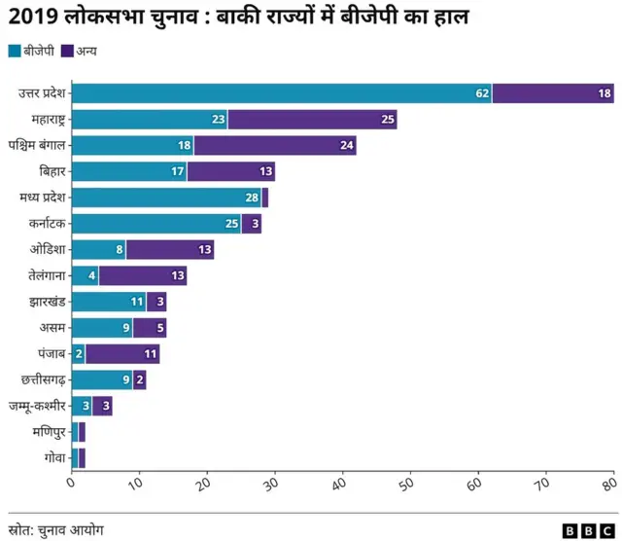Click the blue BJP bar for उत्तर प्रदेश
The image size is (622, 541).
click(282, 93)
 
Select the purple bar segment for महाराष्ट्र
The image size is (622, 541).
click(312, 120)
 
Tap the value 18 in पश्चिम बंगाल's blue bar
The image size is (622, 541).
click(183, 146)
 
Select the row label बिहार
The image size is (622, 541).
click(52, 172)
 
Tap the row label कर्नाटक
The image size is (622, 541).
click(47, 224)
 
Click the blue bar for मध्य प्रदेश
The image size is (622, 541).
click(166, 198)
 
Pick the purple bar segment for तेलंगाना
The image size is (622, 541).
click(142, 275)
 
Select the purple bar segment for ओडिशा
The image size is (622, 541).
click(170, 250)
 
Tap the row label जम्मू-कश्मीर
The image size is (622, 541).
click(38, 406)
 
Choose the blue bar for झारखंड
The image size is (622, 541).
click(108, 302)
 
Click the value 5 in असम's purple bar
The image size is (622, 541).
click(159, 328)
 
